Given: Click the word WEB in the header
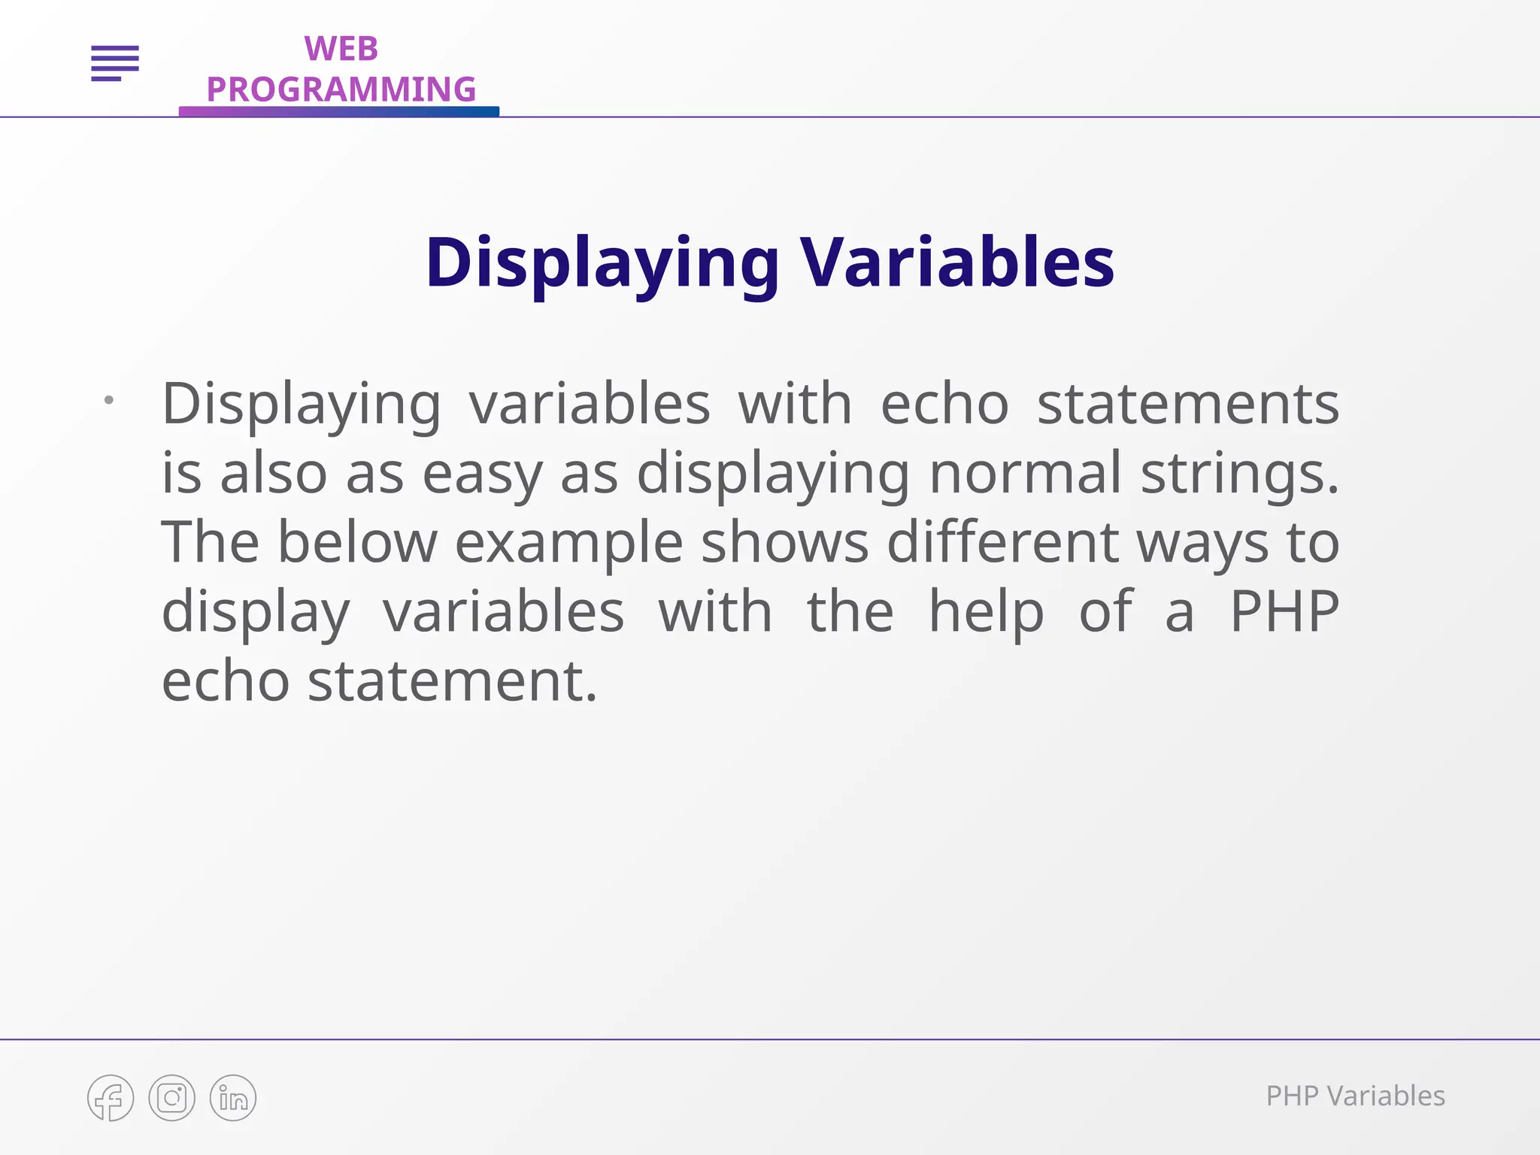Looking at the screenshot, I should tap(341, 50).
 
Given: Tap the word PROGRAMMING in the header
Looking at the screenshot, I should tap(341, 89).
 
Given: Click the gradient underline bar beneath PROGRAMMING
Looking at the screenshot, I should tap(338, 111).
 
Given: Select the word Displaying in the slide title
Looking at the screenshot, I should tap(602, 263).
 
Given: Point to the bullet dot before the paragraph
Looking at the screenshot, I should tap(109, 400).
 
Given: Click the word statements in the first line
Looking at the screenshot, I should tap(1188, 405).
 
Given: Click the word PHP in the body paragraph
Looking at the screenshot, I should tap(1284, 611).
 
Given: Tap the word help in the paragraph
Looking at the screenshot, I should tap(986, 611).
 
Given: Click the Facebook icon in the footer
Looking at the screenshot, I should tap(111, 1098).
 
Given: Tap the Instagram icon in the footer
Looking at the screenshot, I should tap(171, 1098).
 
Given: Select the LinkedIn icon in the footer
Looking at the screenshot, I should tap(233, 1098).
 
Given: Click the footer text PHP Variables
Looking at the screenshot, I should tap(1355, 1096).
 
